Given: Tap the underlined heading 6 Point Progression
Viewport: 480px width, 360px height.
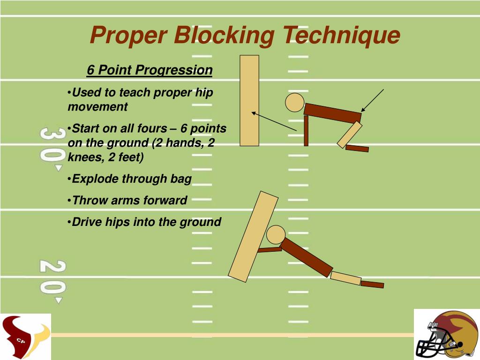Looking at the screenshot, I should (150, 70).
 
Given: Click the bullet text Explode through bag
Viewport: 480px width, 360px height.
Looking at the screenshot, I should (132, 179).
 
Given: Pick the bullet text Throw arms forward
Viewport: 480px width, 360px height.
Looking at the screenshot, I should (129, 201).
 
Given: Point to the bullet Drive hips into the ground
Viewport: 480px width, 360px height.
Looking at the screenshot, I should (146, 222).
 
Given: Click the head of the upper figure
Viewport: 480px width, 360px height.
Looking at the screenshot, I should (295, 103).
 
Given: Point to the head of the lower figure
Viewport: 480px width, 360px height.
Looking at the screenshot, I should (276, 234).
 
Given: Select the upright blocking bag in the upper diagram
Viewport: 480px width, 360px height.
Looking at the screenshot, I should (249, 100).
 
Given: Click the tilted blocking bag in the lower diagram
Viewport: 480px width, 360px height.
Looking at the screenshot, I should (253, 236).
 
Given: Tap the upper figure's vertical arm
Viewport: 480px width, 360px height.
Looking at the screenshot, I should (306, 131).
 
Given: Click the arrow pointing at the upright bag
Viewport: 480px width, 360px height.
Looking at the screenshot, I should (274, 121).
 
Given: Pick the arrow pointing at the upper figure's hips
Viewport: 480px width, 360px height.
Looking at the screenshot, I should (373, 100).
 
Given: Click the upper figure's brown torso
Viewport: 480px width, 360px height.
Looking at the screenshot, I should (332, 113).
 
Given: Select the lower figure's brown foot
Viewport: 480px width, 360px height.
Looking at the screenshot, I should (372, 284).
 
